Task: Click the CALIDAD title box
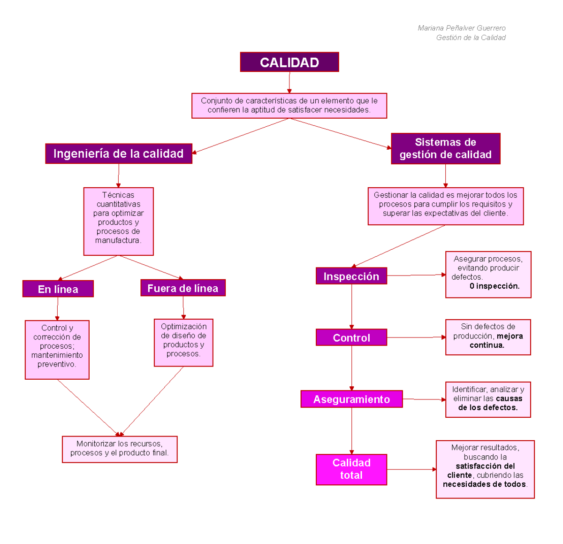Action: pos(289,62)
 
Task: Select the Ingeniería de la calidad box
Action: pos(119,153)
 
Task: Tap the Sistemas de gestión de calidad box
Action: pos(445,148)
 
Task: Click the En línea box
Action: pos(58,289)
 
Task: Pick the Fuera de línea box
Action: pos(183,288)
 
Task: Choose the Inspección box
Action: pos(351,276)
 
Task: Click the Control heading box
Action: pos(351,337)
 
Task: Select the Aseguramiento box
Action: pos(351,399)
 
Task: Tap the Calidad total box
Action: pos(351,469)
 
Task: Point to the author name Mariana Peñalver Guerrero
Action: pos(462,28)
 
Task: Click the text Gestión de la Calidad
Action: pos(471,38)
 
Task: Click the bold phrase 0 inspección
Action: pos(495,286)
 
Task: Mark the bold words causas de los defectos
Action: pos(488,403)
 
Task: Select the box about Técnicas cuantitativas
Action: pos(119,221)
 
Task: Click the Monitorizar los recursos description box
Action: pos(120,449)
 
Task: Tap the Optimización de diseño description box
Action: pos(183,342)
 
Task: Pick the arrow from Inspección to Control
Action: pos(351,306)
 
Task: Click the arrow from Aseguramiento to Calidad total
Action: pos(351,430)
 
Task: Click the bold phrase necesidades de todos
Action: pos(484,484)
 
